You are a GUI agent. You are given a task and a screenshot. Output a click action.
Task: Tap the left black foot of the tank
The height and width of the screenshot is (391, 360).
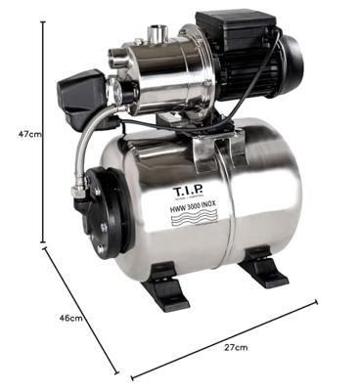(x=162, y=292)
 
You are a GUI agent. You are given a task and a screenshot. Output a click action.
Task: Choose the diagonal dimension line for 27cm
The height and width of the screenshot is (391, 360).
(x=225, y=337)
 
